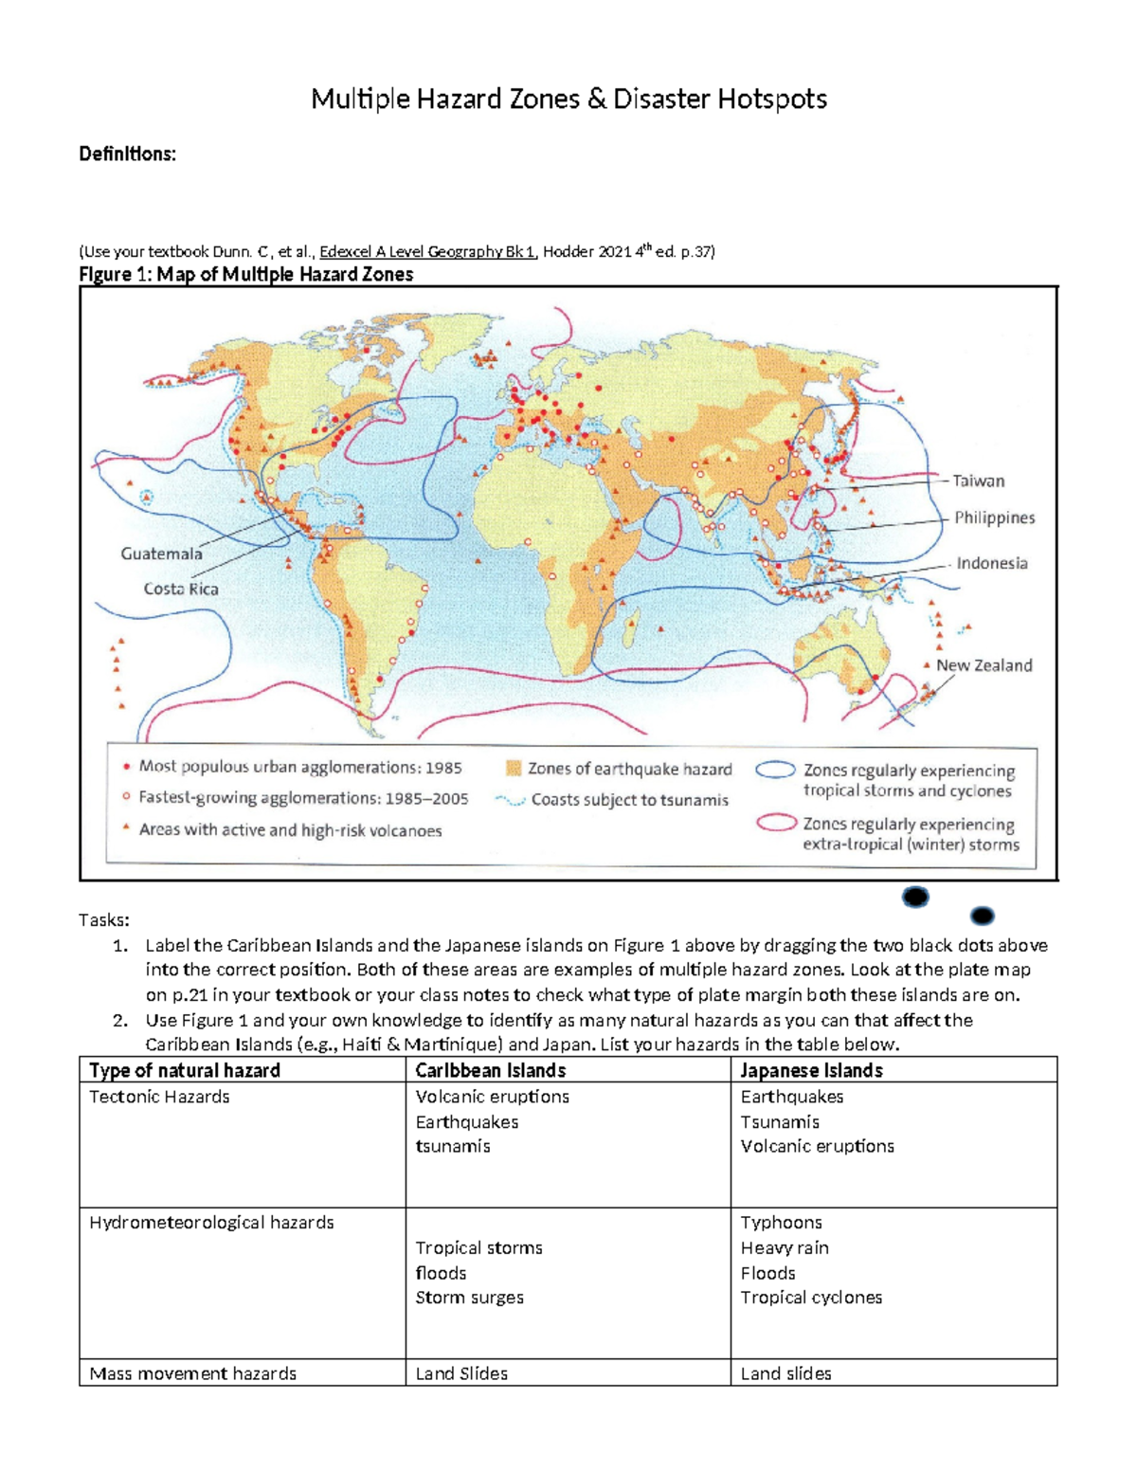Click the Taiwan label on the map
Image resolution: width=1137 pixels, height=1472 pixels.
[978, 481]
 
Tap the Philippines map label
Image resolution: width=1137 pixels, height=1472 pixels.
[994, 518]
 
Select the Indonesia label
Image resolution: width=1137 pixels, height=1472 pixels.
[991, 563]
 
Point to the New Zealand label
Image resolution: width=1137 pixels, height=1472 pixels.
[984, 665]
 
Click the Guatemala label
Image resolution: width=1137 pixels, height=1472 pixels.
[161, 554]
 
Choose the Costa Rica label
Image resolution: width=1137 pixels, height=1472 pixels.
[181, 589]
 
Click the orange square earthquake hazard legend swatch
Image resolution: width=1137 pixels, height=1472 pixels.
[514, 769]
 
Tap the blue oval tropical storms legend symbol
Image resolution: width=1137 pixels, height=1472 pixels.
[775, 771]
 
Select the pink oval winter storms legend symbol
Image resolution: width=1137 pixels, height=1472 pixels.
[775, 823]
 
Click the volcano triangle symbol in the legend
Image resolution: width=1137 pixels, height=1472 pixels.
[126, 828]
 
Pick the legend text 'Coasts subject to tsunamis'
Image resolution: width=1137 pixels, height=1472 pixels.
[629, 800]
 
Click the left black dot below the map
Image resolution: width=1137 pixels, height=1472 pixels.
[915, 897]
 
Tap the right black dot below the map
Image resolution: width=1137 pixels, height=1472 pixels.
[983, 916]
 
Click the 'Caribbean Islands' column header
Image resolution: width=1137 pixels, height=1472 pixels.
[490, 1070]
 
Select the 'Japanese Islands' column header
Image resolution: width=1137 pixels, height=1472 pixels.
[811, 1070]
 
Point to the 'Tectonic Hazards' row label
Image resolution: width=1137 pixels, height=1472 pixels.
[159, 1097]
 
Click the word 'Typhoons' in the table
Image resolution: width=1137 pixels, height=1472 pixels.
[781, 1223]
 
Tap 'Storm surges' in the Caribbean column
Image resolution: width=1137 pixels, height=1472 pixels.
[469, 1298]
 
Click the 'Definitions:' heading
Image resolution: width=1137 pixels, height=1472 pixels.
[127, 154]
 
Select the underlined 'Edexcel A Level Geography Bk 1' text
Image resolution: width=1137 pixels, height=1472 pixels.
[427, 251]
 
